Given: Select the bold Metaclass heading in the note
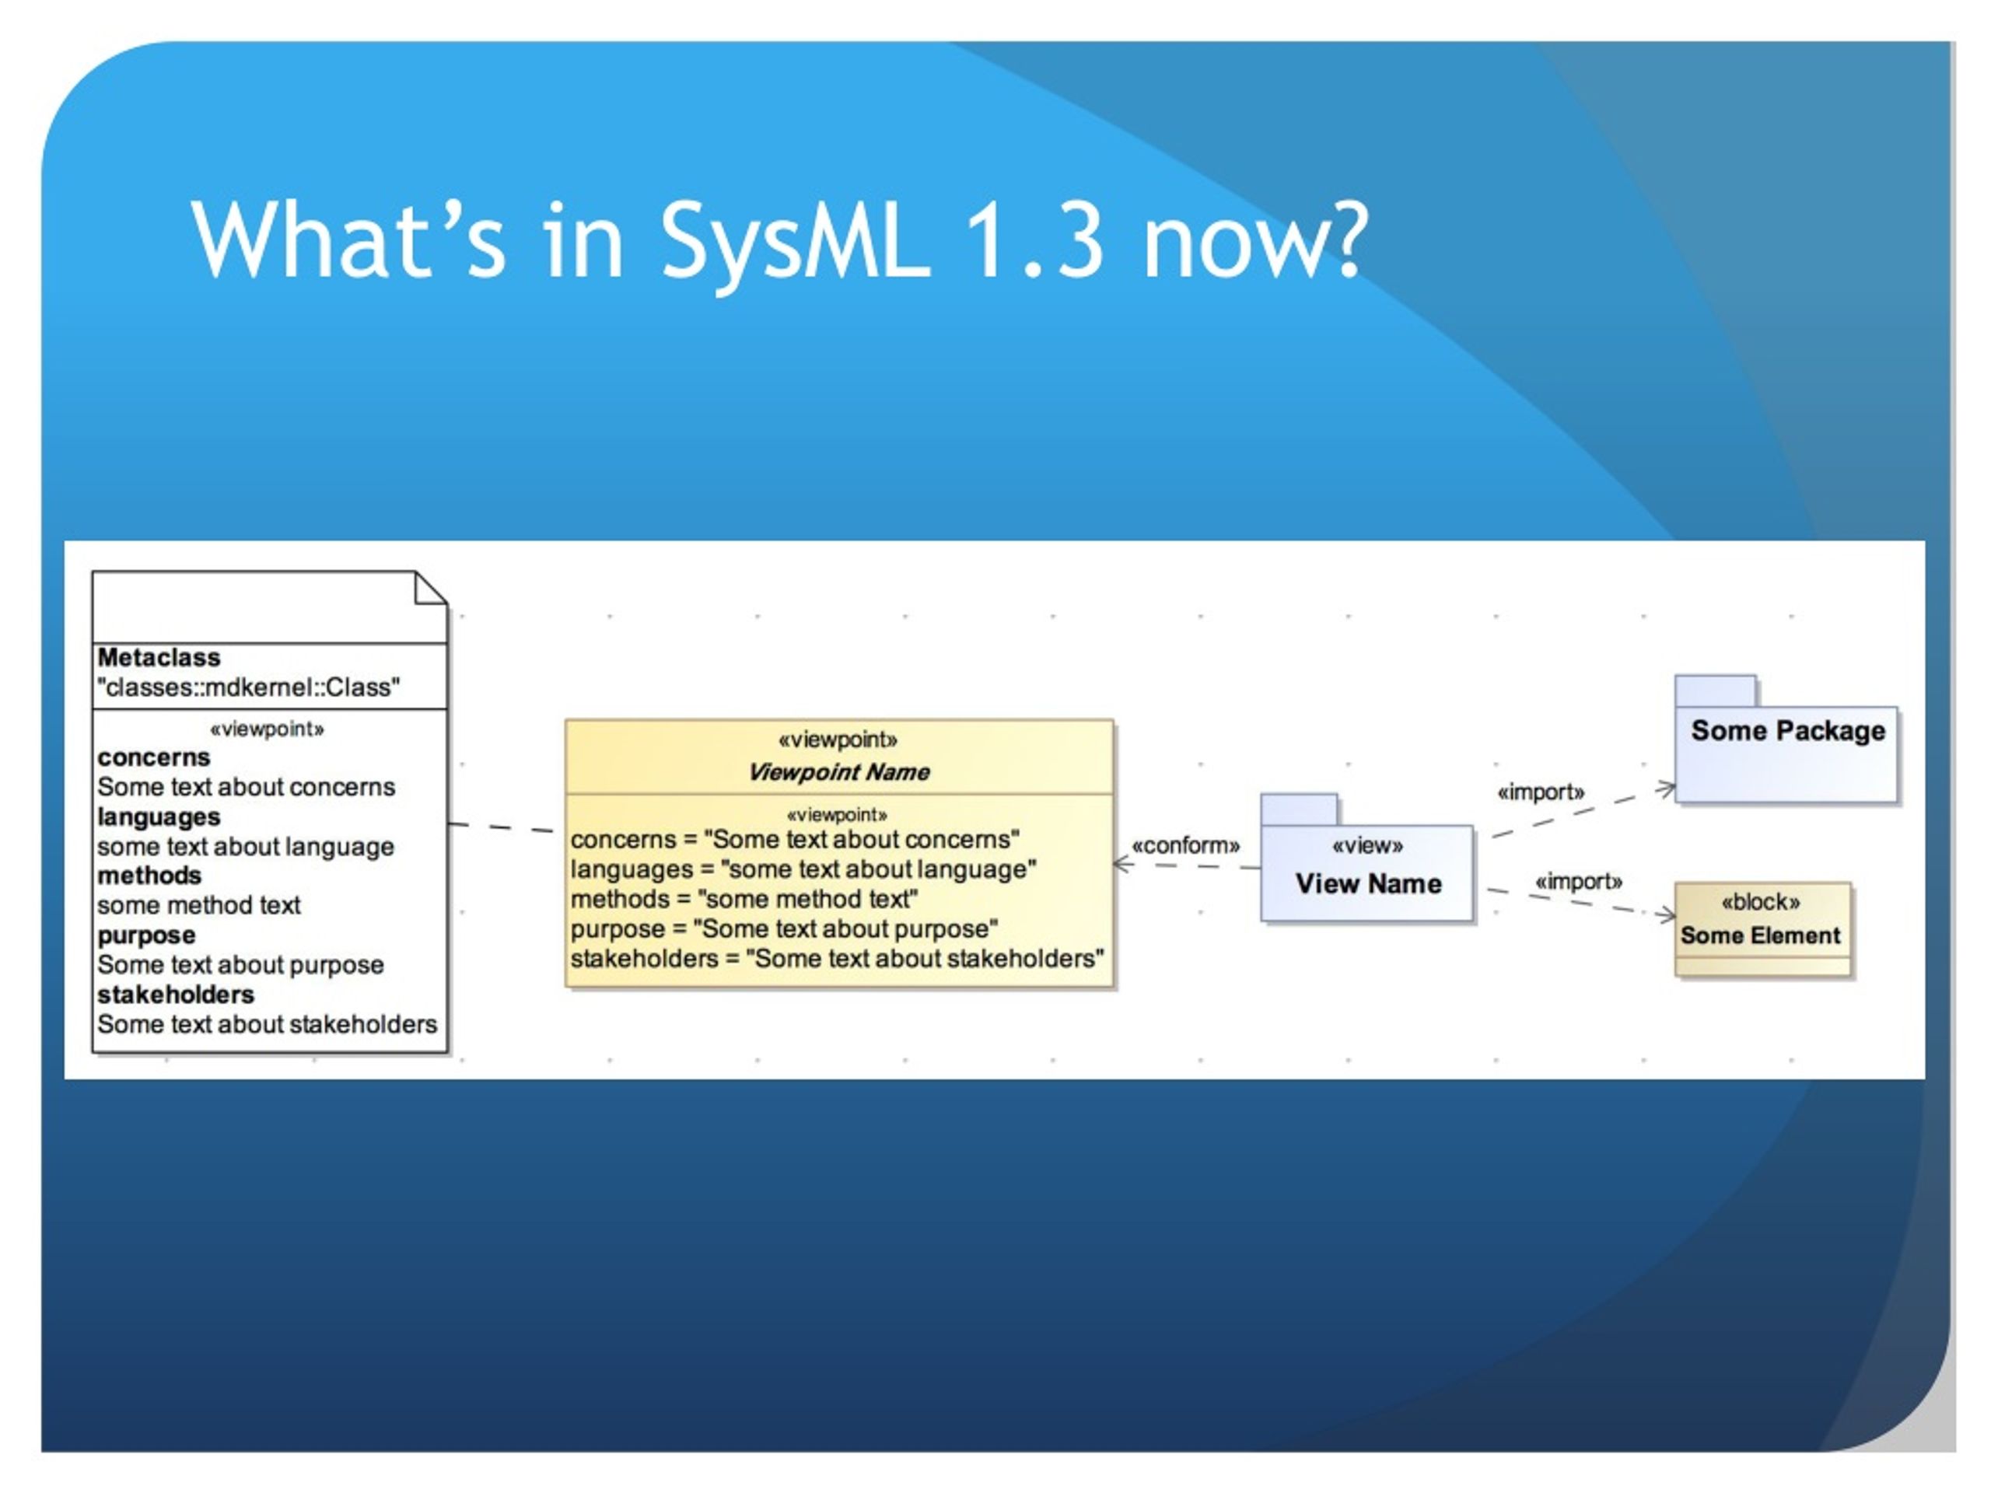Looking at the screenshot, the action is [x=159, y=658].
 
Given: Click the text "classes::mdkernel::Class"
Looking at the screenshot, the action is [x=248, y=687].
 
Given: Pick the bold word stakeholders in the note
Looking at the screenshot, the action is [x=176, y=995].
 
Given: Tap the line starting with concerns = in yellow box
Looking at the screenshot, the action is [x=795, y=840].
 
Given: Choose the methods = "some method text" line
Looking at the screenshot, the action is [x=744, y=899].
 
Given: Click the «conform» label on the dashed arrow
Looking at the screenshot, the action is [x=1185, y=846].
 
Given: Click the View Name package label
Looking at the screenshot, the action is [x=1368, y=883].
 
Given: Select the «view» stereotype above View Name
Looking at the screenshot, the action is [x=1367, y=846].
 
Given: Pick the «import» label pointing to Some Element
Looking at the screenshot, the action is [x=1579, y=882].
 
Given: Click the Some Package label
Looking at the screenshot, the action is [x=1787, y=731].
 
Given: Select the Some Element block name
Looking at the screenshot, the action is [x=1760, y=936].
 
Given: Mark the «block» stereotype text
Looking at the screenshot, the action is [x=1761, y=903].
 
